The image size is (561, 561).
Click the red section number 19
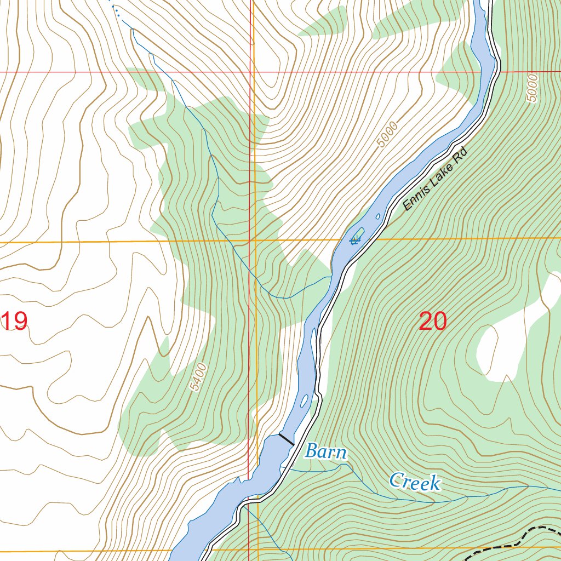(x=15, y=322)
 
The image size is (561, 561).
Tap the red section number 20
(x=432, y=322)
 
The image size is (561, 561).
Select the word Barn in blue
(x=325, y=453)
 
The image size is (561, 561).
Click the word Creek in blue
(x=415, y=482)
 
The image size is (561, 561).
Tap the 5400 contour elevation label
(x=201, y=377)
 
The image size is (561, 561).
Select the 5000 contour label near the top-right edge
(x=532, y=88)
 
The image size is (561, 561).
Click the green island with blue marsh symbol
(x=357, y=237)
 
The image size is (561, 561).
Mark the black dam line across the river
(x=286, y=439)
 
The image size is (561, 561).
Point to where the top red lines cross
(x=251, y=72)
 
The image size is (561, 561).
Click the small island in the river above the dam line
(x=304, y=400)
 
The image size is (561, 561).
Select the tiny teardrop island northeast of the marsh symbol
(x=378, y=216)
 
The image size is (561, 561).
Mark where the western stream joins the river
(x=331, y=277)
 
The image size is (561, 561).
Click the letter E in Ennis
(x=407, y=207)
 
